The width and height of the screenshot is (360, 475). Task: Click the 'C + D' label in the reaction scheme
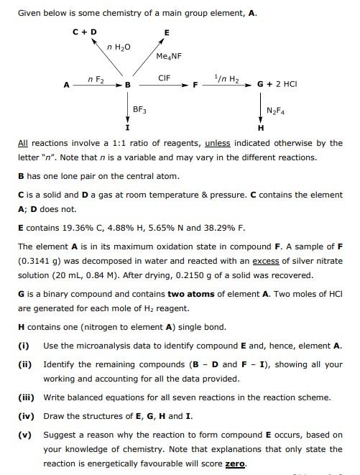tap(85, 32)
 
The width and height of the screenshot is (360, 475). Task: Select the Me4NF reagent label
tap(168, 55)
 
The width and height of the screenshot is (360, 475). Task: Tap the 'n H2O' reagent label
tap(119, 47)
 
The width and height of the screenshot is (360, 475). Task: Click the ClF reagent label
tap(164, 78)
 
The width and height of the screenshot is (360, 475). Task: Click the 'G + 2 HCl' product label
tap(277, 85)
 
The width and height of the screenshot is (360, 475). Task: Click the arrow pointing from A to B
tap(97, 85)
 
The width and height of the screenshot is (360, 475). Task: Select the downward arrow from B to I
tap(127, 108)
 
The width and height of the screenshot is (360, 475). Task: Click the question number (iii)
tap(26, 397)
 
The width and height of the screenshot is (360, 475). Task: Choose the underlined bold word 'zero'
tap(235, 464)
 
